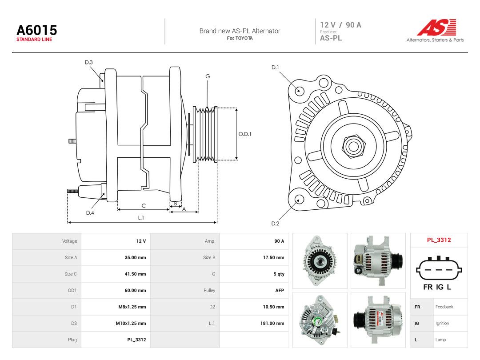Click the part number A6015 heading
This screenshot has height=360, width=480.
(x=37, y=30)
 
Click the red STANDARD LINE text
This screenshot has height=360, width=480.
(x=34, y=40)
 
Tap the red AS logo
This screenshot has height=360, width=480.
(x=437, y=27)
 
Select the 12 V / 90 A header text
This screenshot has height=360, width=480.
(x=341, y=25)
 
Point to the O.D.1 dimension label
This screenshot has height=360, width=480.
(x=245, y=134)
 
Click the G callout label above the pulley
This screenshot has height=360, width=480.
(x=208, y=76)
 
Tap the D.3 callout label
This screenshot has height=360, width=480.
(x=89, y=63)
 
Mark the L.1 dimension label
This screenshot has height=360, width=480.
(x=141, y=218)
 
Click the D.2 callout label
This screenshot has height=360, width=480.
(x=275, y=224)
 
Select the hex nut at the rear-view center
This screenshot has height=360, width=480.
(x=353, y=146)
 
